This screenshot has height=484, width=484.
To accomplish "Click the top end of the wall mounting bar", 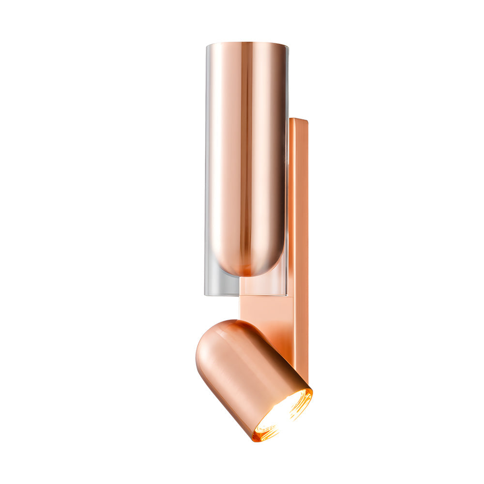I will pyautogui.click(x=299, y=120).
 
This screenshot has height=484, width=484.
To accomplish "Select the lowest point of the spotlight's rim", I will pyautogui.click(x=255, y=440).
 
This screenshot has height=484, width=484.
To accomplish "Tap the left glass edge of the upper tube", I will pyautogui.click(x=207, y=169).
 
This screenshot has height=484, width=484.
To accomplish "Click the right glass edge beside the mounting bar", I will pyautogui.click(x=287, y=194).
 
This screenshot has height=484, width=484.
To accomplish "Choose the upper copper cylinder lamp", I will pyautogui.click(x=247, y=155).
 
